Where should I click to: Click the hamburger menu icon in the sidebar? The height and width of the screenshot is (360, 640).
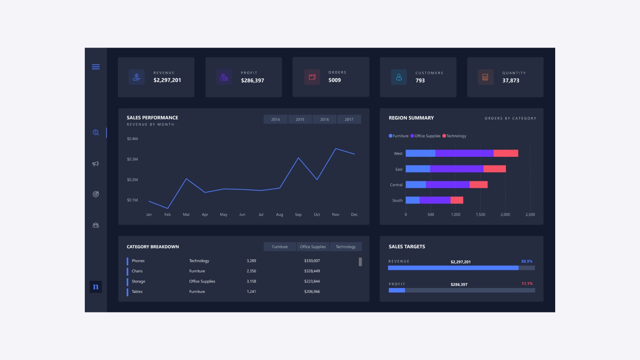tap(96, 67)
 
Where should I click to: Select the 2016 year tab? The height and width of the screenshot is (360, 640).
tap(324, 120)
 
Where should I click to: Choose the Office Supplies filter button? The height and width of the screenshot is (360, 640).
tap(312, 246)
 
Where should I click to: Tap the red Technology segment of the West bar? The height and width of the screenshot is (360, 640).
tap(506, 154)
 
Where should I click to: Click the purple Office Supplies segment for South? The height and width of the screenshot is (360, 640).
tap(435, 200)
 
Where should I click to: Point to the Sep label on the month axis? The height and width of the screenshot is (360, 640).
tap(298, 214)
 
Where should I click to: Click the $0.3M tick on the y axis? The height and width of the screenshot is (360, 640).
tap(132, 159)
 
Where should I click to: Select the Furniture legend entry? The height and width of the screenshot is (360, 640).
tap(398, 136)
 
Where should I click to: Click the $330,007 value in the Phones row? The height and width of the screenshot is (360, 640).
tap(312, 261)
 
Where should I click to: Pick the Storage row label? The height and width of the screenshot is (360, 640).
tap(138, 282)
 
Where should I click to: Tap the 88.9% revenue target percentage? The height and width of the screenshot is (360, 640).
tap(526, 262)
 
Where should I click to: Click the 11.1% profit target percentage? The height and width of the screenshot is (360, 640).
tap(527, 284)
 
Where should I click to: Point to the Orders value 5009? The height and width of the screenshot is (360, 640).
tap(334, 80)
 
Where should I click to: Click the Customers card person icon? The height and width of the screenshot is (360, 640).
tap(399, 77)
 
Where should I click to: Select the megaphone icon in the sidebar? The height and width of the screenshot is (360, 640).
tap(96, 164)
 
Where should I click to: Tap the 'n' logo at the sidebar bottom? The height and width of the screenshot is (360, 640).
tap(96, 286)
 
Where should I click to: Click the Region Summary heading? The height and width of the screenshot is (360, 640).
tap(411, 118)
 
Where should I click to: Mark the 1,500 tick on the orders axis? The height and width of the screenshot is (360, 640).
tap(480, 214)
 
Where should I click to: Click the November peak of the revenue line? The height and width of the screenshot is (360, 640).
tap(336, 148)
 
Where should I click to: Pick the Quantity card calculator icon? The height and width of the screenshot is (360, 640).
tap(486, 77)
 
